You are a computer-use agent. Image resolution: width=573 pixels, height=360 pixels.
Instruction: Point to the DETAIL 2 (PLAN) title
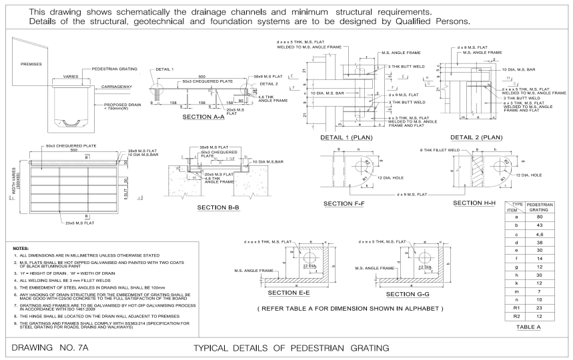click(x=476, y=137)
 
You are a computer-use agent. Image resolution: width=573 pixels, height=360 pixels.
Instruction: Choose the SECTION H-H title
click(x=475, y=202)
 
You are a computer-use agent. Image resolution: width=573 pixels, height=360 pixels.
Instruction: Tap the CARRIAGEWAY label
click(x=118, y=87)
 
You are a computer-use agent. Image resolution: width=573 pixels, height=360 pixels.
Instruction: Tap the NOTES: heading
click(x=21, y=247)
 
